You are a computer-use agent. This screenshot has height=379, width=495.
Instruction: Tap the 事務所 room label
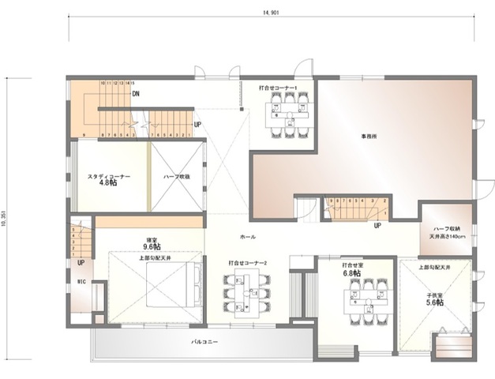click(369, 136)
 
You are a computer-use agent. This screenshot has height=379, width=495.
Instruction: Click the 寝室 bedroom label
click(150, 239)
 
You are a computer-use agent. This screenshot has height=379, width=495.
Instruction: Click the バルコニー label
click(204, 342)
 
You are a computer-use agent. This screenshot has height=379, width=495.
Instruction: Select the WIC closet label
click(81, 280)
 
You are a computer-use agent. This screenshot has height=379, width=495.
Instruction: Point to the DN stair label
click(137, 94)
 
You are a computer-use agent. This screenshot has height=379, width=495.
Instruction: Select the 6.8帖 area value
click(352, 273)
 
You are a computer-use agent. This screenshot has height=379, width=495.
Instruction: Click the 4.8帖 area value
click(109, 183)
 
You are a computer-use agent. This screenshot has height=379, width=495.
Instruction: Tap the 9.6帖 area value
click(151, 246)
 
